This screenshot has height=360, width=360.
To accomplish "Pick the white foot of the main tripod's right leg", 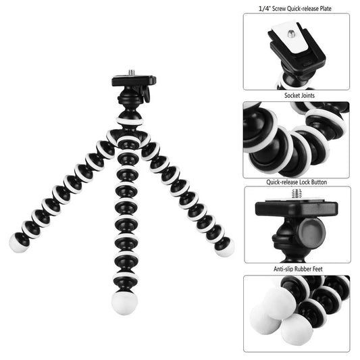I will pos(225,247).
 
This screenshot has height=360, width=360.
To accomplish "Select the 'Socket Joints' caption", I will pos(296,97).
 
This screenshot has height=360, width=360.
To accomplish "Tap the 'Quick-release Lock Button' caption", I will pos(296,182).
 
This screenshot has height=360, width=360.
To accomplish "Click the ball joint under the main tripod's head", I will pos(129,108).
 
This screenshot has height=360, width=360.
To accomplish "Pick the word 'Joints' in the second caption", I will pos(306,97).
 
